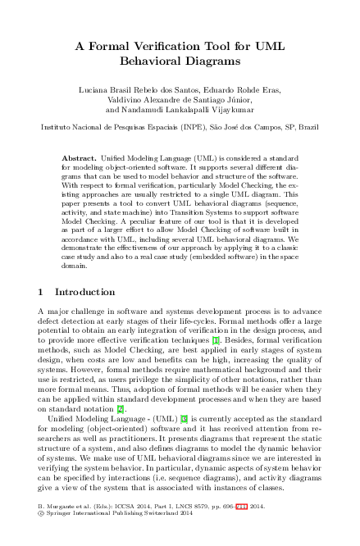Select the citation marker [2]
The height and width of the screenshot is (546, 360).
[120, 384]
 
